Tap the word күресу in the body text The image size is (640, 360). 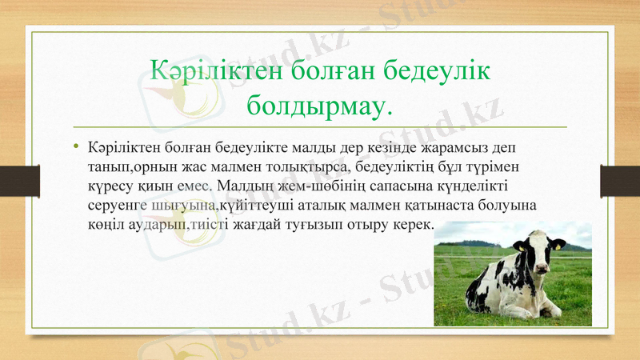coord(110,186)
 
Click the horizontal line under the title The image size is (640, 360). coord(319,126)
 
